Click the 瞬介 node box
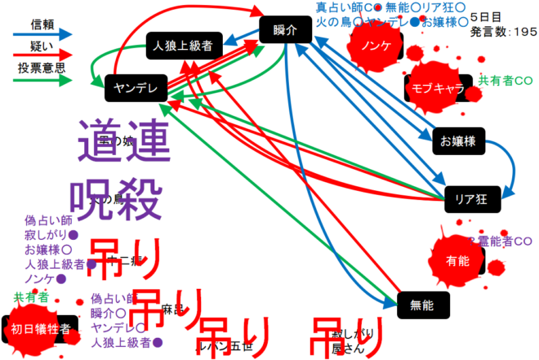click(286, 29)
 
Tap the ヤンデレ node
click(136, 87)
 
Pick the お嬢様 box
click(458, 140)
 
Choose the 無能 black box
click(422, 304)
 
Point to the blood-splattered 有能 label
click(458, 262)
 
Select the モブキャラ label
click(438, 88)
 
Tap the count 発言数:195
click(504, 32)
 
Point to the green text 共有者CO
click(506, 81)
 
